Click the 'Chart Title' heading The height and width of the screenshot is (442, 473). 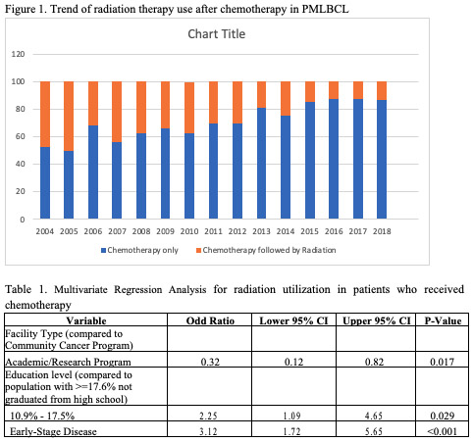(x=217, y=34)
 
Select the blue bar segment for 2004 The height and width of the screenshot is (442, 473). (x=45, y=183)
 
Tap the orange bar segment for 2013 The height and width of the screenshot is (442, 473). (x=262, y=94)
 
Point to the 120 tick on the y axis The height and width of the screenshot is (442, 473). (x=18, y=54)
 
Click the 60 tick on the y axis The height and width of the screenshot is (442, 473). (x=20, y=137)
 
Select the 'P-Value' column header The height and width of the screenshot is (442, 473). (x=443, y=320)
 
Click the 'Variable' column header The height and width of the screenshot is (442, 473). (x=91, y=320)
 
